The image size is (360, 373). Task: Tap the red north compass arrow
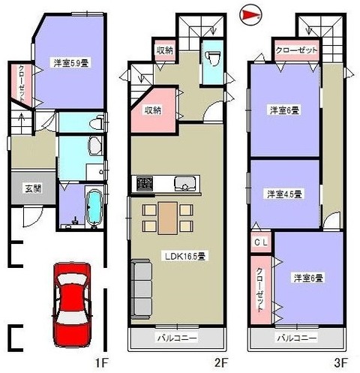(x=250, y=16)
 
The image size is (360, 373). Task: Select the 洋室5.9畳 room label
(x=71, y=62)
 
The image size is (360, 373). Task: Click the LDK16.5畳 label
(x=185, y=257)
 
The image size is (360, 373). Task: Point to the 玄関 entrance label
(x=33, y=188)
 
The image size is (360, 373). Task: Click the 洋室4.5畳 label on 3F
(x=284, y=194)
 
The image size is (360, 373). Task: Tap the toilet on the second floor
(x=212, y=58)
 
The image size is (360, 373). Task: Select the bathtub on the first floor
(x=94, y=206)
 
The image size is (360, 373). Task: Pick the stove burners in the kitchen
(x=145, y=184)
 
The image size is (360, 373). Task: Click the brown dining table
(x=167, y=218)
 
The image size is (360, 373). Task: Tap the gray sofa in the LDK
(x=142, y=289)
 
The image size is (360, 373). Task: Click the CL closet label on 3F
(x=261, y=242)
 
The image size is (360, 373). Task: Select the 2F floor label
(x=220, y=362)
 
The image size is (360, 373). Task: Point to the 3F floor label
(x=340, y=362)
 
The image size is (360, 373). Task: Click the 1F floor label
(x=101, y=362)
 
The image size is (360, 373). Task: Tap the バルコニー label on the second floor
(x=177, y=338)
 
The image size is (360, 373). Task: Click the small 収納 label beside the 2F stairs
(x=164, y=51)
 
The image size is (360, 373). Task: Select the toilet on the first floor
(x=97, y=122)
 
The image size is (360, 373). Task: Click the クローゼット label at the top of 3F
(x=296, y=50)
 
